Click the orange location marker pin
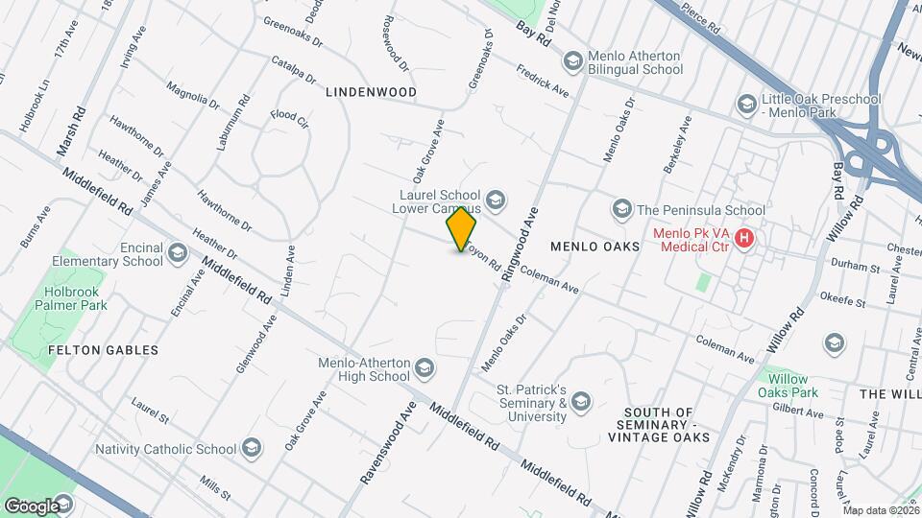[462, 228]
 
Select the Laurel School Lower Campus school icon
[496, 200]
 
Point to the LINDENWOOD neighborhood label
[370, 92]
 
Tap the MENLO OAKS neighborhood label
[595, 247]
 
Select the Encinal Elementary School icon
[177, 253]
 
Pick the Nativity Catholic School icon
[251, 448]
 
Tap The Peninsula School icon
[621, 209]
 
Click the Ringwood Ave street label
[519, 245]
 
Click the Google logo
[31, 505]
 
